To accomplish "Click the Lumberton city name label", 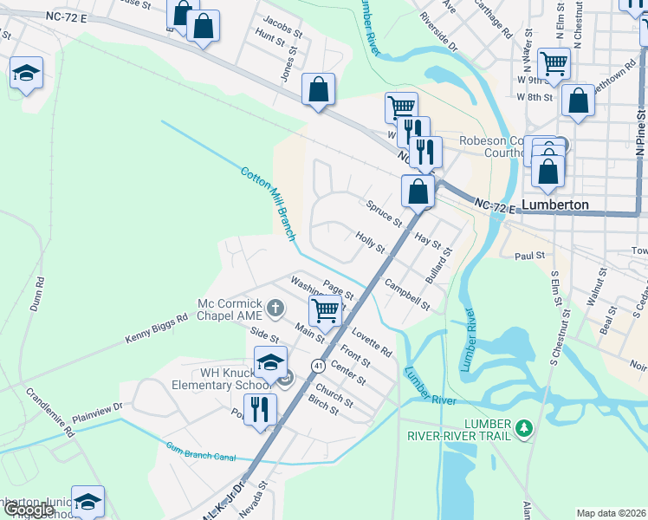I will pos(554,205).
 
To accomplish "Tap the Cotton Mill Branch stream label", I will pos(269,205).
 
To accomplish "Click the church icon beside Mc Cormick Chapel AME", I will pos(275,308).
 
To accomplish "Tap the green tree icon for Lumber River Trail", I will pos(522,428).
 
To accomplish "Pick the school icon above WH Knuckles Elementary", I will pos(270,361).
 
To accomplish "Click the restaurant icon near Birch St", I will pos(260,408).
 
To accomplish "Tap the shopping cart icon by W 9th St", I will pos(553,62).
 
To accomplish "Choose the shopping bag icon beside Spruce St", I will pos(418,190).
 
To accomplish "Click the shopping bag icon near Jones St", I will pos(318,88).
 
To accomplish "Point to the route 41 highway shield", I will pos(318,366).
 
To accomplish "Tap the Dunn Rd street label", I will pos(39,295).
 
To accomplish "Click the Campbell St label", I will pos(407,295).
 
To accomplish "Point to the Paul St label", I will pos(528,256).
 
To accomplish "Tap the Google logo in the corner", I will pos(29,510).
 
